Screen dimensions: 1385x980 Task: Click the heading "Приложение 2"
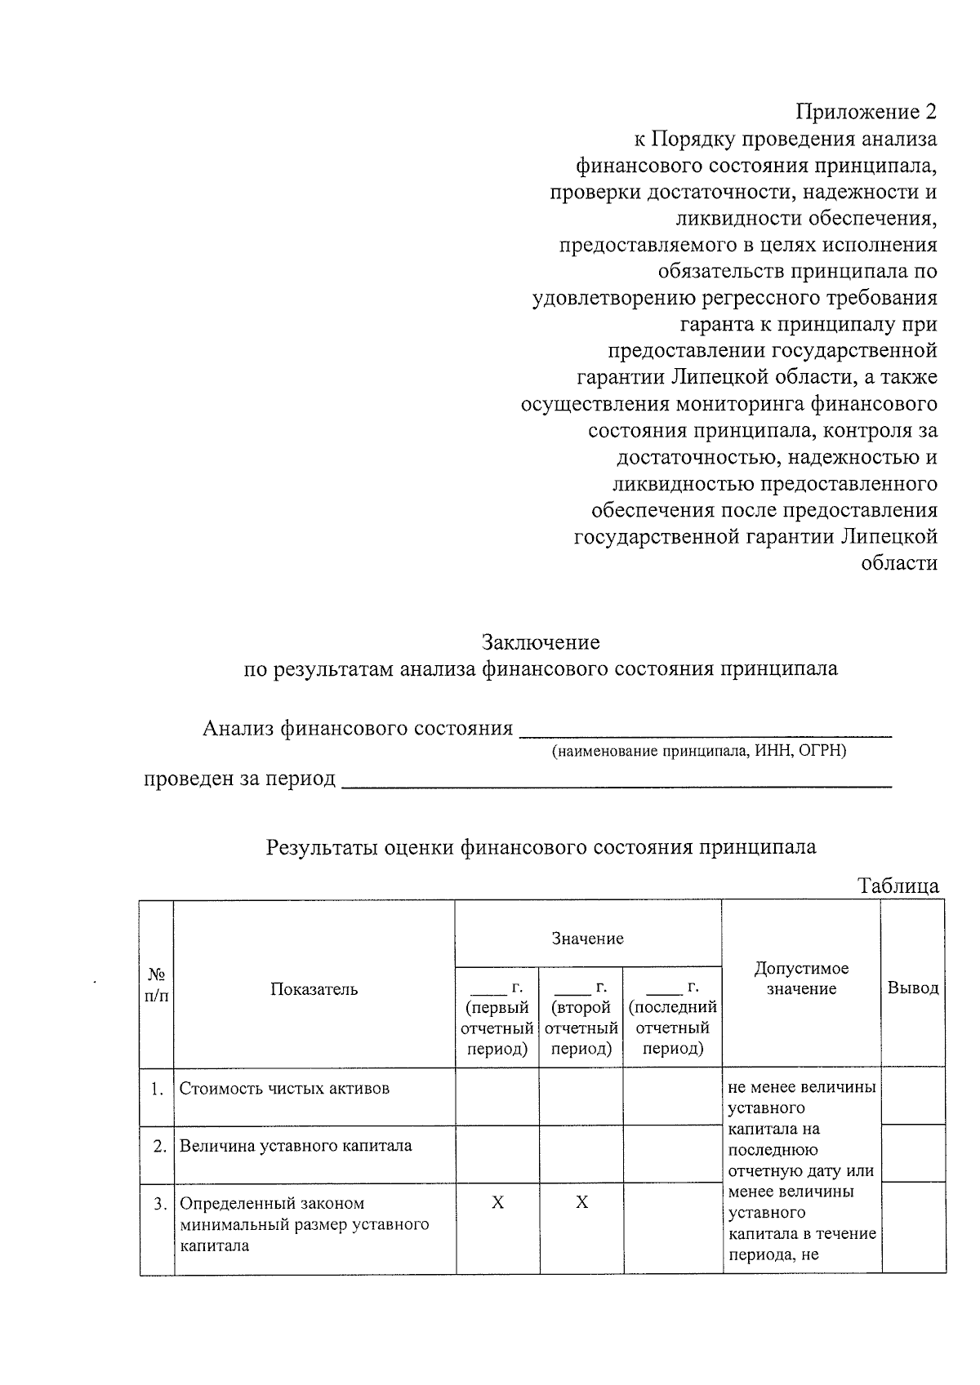tap(866, 112)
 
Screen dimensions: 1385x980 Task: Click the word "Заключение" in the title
tap(541, 642)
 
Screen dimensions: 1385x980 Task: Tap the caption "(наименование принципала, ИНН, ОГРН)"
tap(699, 751)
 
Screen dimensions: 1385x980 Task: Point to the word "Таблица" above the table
tap(898, 886)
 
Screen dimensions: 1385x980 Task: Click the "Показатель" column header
tap(314, 989)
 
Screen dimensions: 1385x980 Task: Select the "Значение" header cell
tap(588, 939)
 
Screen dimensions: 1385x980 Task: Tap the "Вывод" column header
tap(913, 988)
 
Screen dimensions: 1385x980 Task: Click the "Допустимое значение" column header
tap(801, 979)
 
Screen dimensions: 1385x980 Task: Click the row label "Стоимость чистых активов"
tap(284, 1089)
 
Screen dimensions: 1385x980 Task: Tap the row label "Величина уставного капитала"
tap(296, 1146)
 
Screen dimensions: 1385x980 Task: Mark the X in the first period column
tap(497, 1203)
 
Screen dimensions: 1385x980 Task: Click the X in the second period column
tap(581, 1203)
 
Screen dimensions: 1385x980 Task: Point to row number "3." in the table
tap(160, 1204)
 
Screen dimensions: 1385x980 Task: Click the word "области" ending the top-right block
tap(899, 563)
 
